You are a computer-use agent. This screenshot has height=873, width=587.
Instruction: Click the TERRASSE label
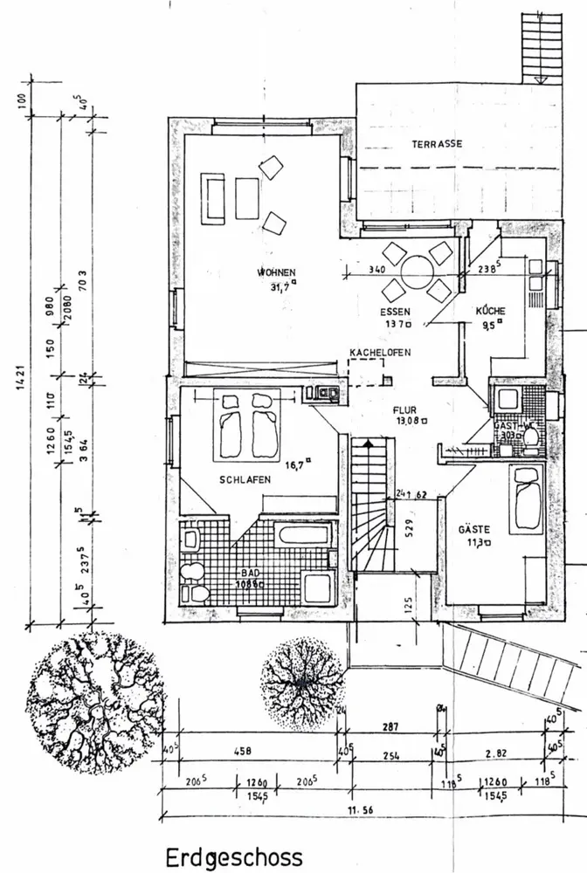[x=437, y=144]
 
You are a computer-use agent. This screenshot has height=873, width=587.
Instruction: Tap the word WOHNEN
[x=276, y=272]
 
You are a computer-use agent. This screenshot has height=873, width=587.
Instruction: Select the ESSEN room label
[x=395, y=312]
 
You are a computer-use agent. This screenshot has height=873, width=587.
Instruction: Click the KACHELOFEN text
[x=380, y=352]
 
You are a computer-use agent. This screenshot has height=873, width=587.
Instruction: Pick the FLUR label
[x=404, y=409]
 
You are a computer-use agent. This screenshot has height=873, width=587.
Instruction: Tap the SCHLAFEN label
[x=245, y=479]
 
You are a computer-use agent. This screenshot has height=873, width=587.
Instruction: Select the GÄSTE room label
[x=474, y=529]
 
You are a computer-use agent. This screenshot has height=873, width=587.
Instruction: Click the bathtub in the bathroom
[x=302, y=534]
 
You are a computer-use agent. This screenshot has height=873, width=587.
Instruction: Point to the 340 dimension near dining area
[x=378, y=269]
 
